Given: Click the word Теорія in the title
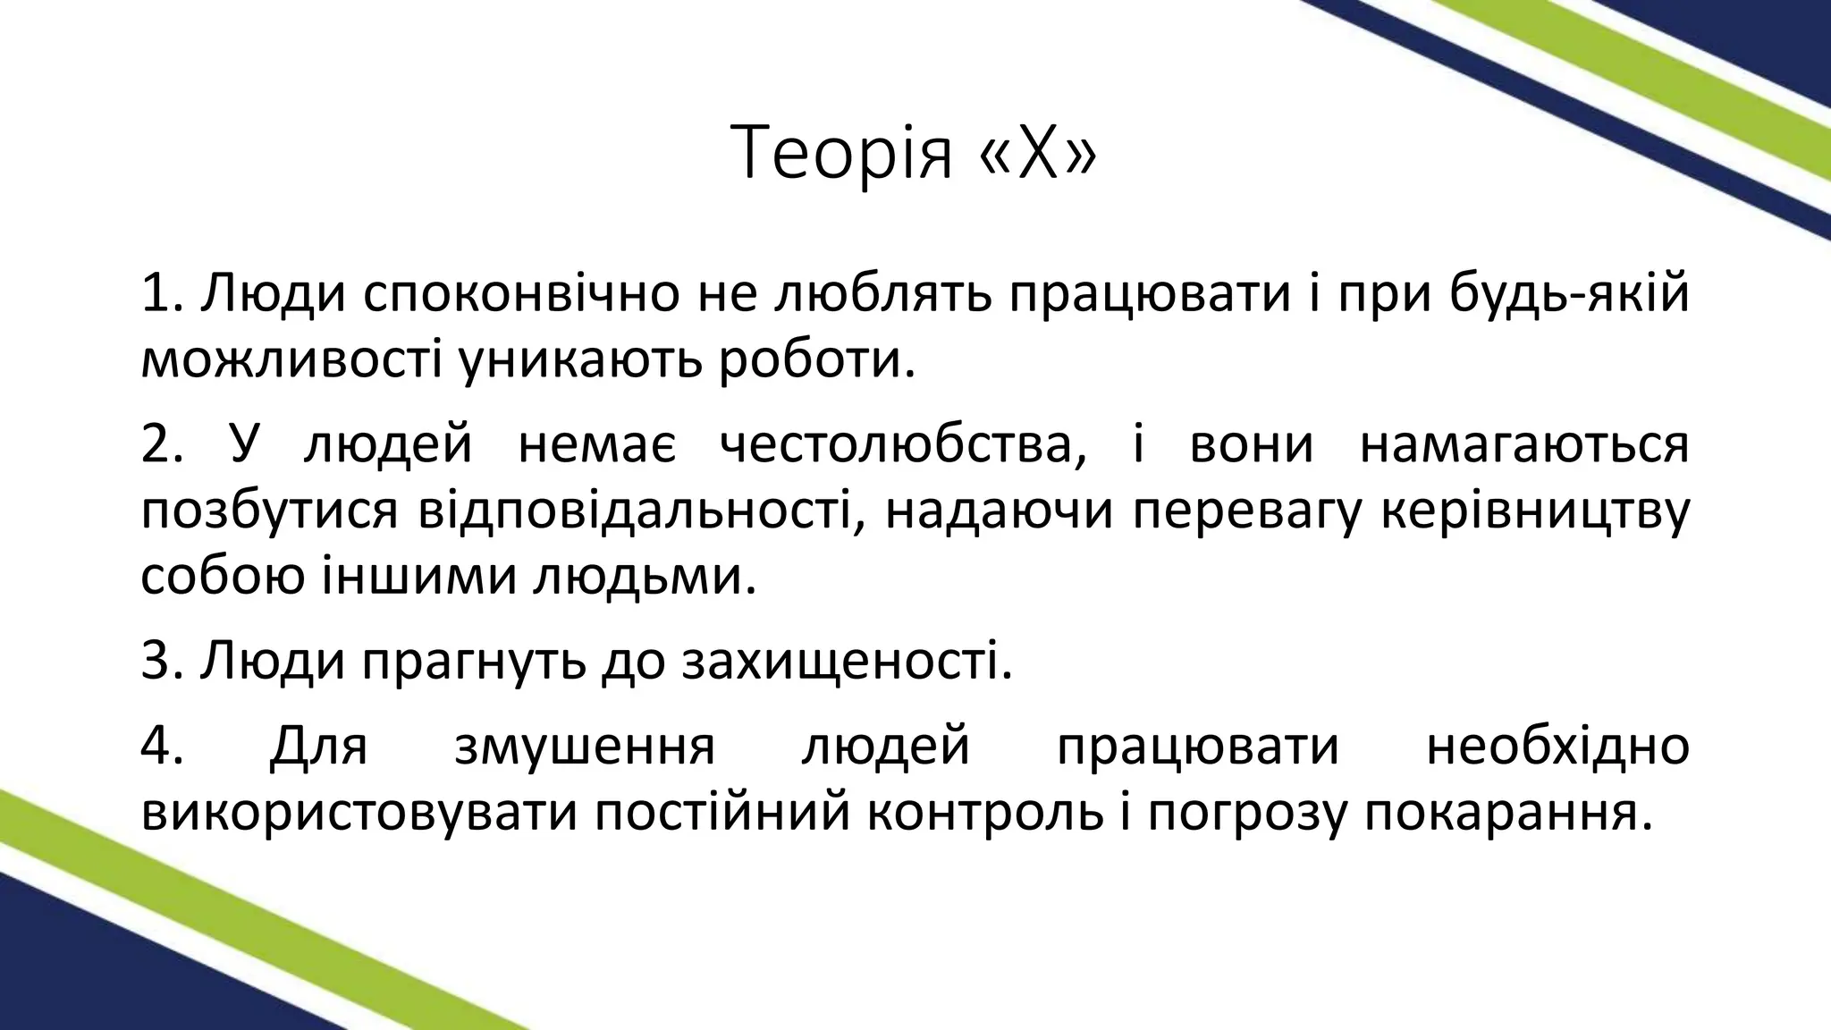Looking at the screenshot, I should point(841,153).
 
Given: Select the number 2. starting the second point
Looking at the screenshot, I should point(163,444).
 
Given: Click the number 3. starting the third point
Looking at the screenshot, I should point(163,663).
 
